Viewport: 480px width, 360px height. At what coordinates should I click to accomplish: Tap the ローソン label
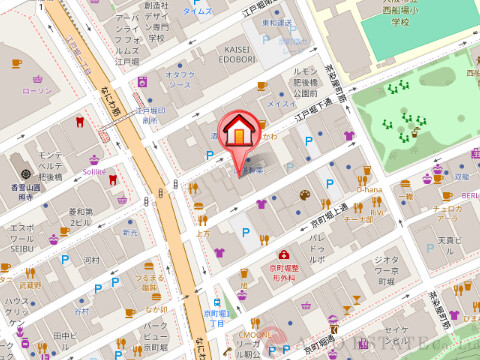point(37,90)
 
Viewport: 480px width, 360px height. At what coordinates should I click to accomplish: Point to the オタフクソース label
point(179,79)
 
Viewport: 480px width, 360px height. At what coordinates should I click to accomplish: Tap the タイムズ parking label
point(197,11)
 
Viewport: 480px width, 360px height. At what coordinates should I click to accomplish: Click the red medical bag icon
point(285,255)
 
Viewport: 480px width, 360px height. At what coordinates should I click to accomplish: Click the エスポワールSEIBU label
point(22,241)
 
